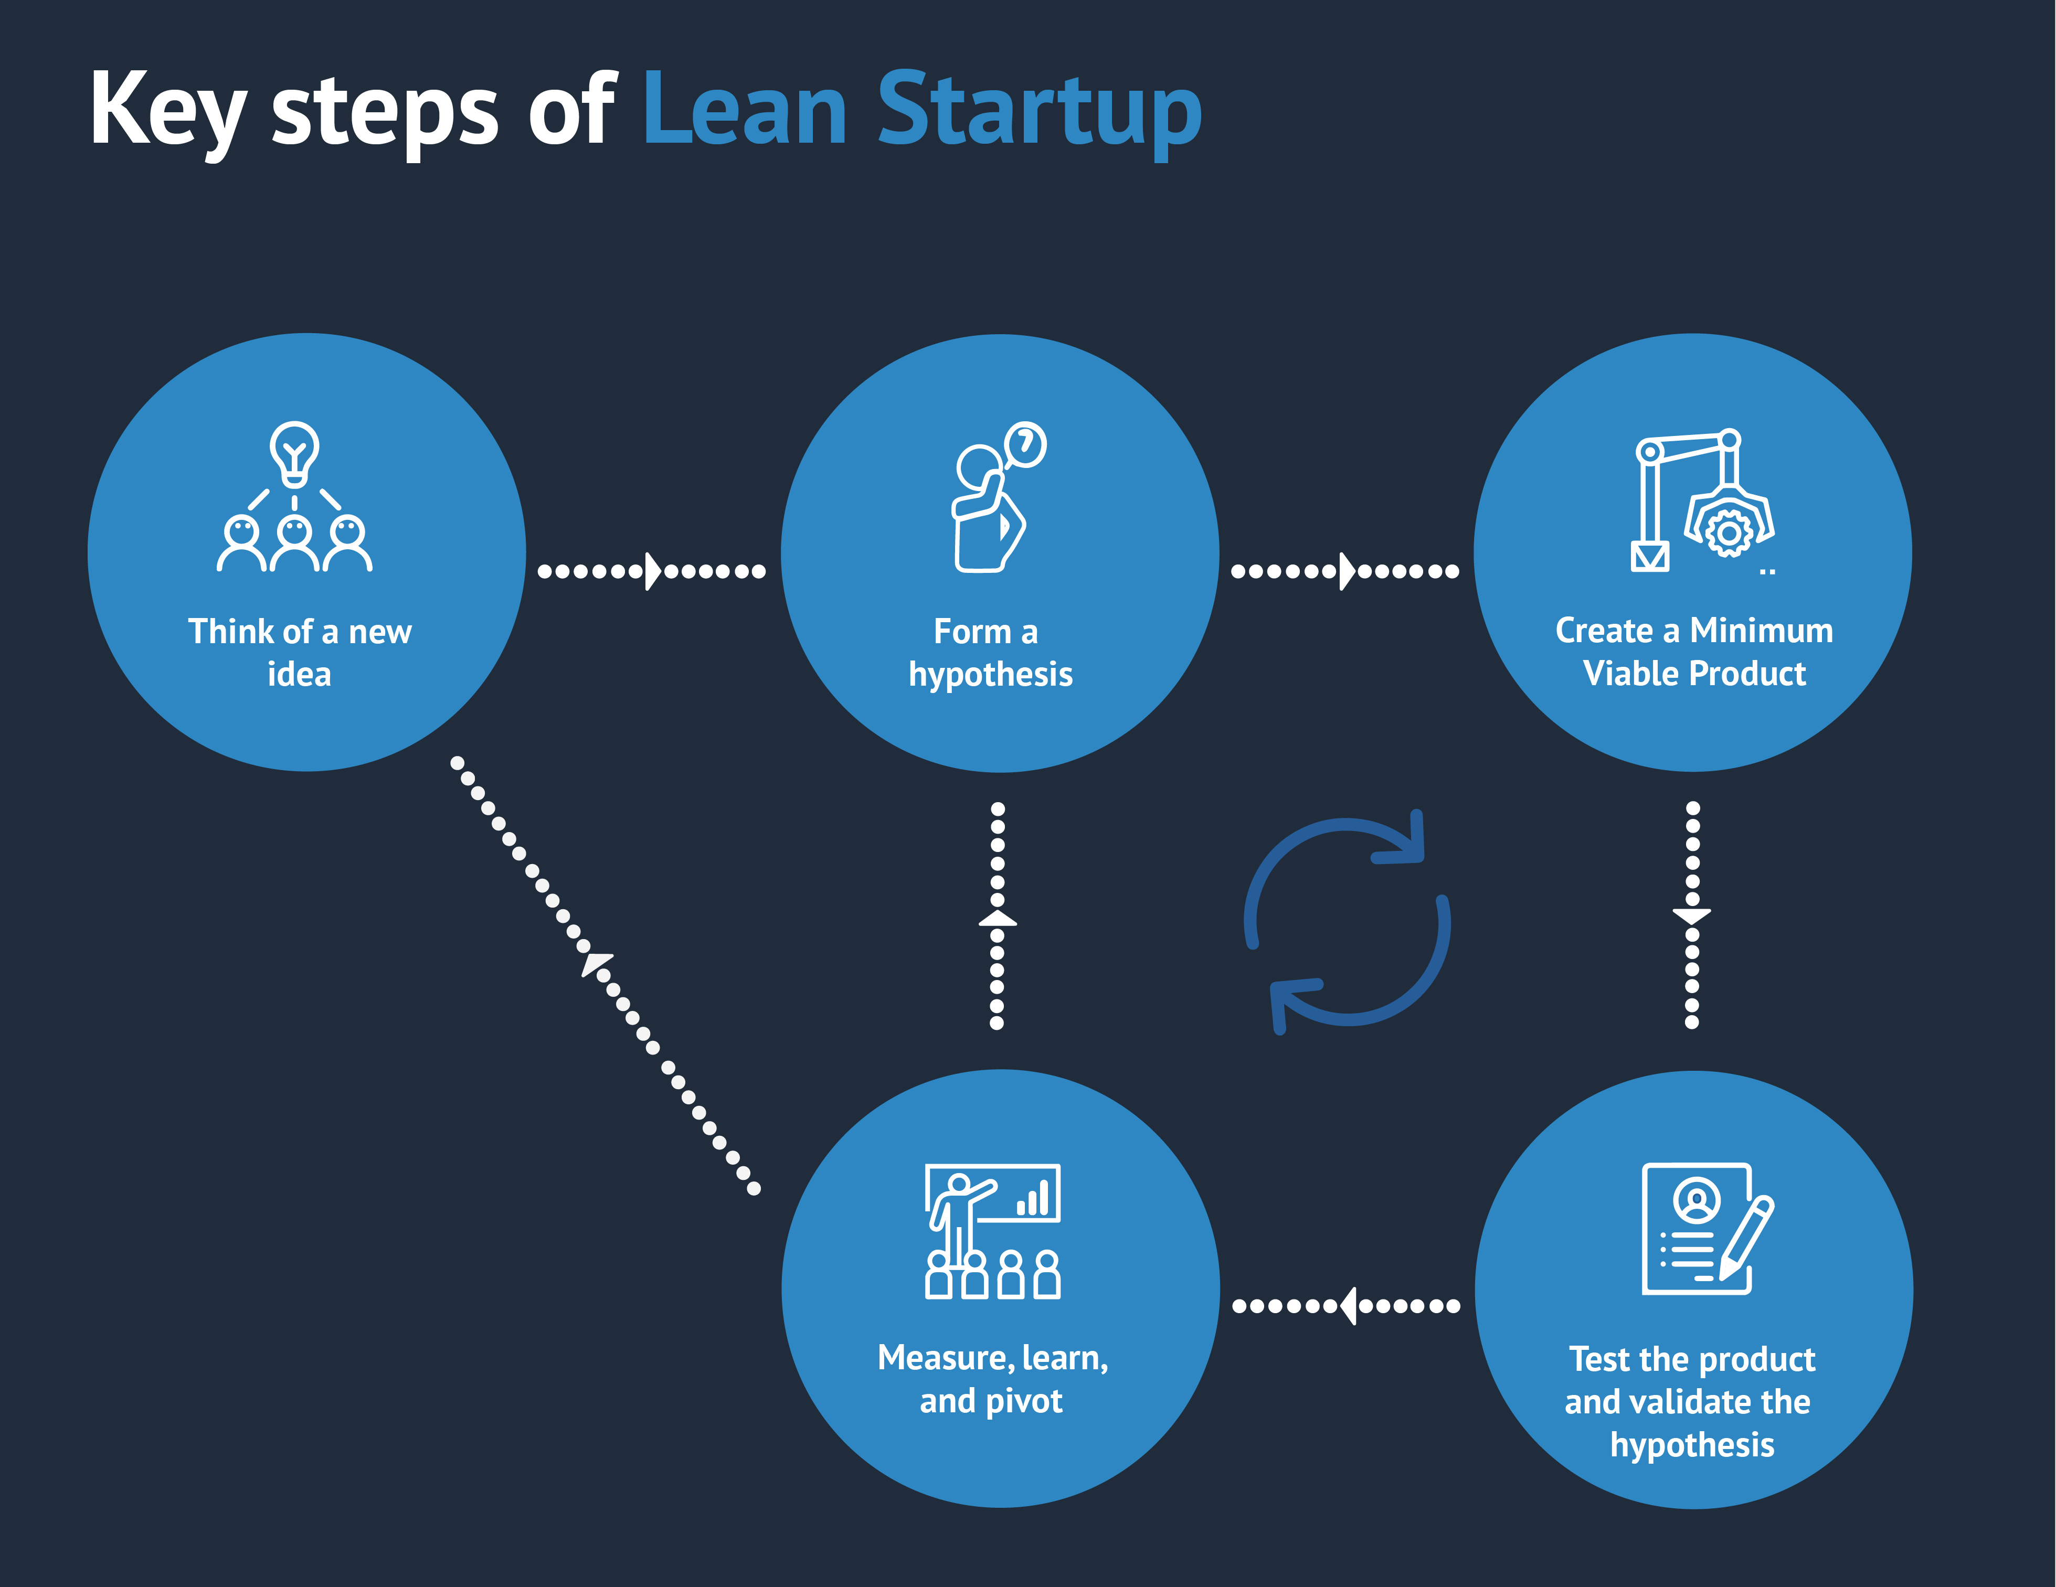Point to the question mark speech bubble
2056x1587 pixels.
(x=1025, y=443)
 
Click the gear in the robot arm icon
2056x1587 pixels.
(x=1729, y=534)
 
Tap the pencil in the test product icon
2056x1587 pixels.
(x=1746, y=1237)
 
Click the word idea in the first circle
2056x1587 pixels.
(x=299, y=674)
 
